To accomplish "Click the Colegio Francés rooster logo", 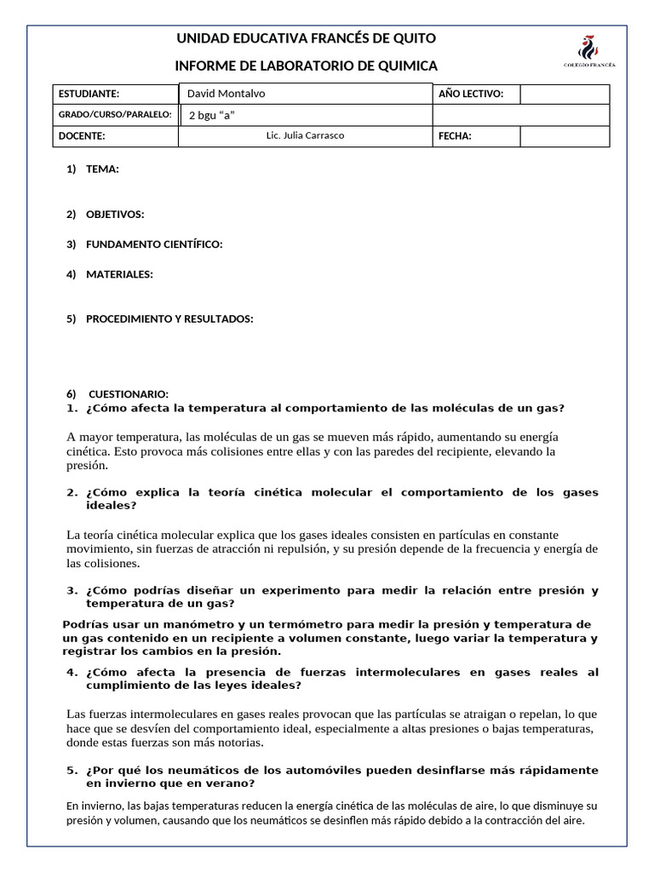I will tap(587, 49).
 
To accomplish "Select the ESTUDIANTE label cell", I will tap(89, 94).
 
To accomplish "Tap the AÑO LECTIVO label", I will tap(471, 94).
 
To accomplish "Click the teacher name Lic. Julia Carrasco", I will tap(306, 135).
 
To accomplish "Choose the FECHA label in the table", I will tap(455, 136).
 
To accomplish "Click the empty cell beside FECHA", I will tap(565, 136).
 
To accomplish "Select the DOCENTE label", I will tap(82, 136).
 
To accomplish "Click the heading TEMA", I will tap(102, 169).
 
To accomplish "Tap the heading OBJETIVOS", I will tap(115, 215).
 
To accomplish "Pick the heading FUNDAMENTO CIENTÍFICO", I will tap(154, 245).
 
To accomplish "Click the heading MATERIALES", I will tap(119, 274).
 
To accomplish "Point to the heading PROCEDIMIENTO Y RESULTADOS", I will tap(169, 319).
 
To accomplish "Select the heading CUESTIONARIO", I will tap(129, 395).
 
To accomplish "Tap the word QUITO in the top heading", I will tap(416, 39).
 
